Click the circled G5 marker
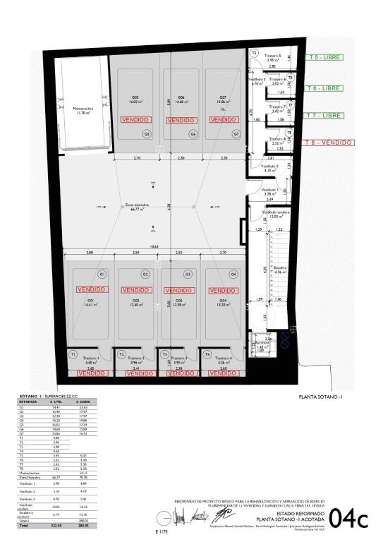click(x=147, y=133)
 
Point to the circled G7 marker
click(x=236, y=133)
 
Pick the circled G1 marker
click(x=102, y=274)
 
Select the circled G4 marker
click(x=233, y=274)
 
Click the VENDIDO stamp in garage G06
click(x=180, y=120)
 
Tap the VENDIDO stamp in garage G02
click(x=138, y=290)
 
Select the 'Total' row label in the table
click(x=25, y=526)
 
